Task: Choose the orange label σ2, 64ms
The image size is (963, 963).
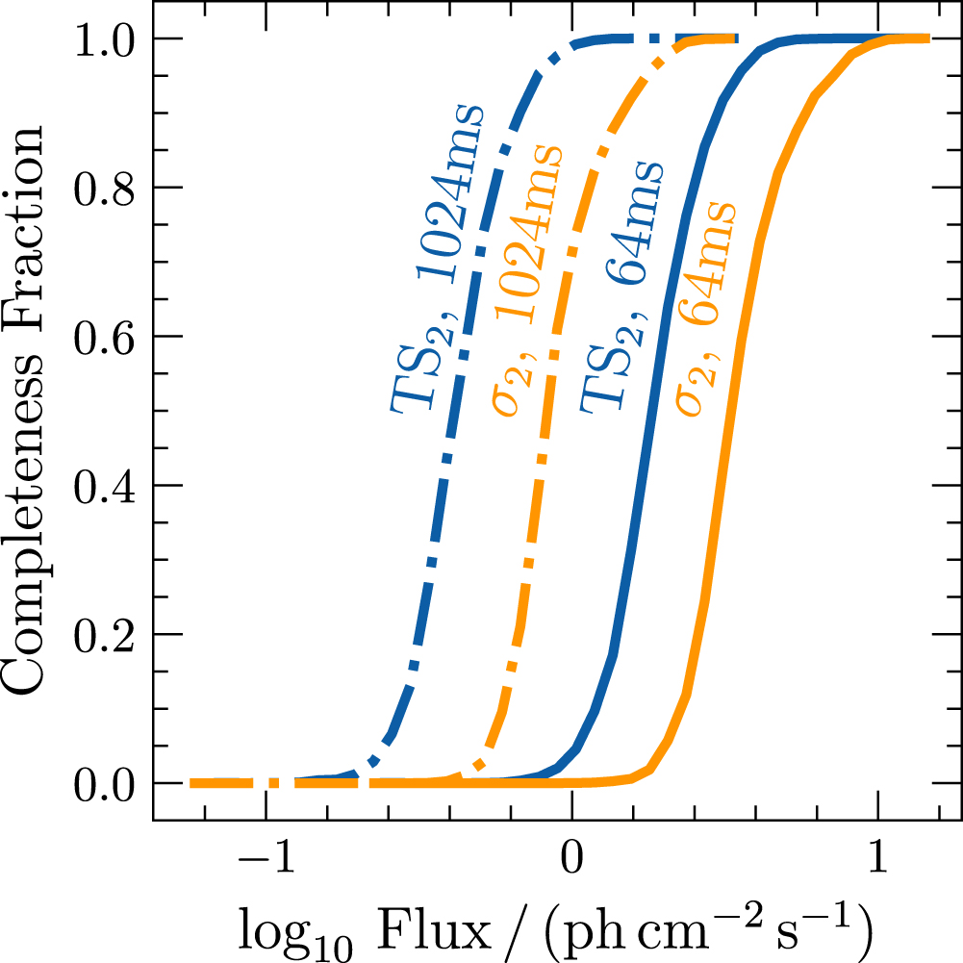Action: point(707,308)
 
